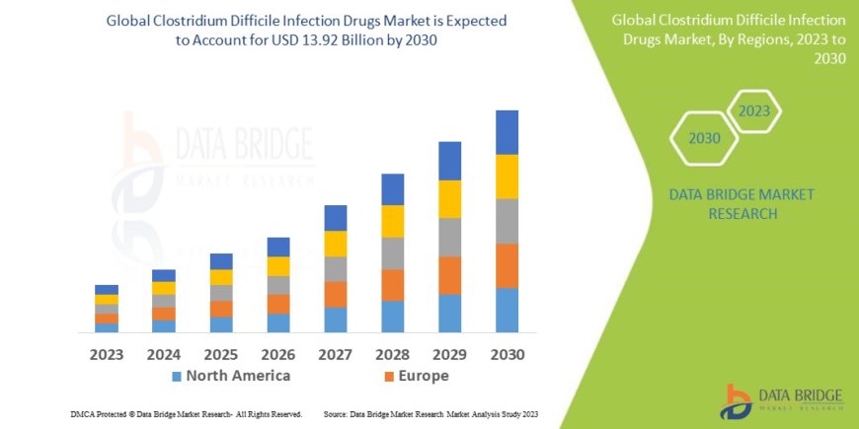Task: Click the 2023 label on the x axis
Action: click(x=107, y=354)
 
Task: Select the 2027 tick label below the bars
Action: click(x=336, y=354)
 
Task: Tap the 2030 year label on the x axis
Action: click(x=507, y=354)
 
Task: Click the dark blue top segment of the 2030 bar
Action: click(x=507, y=132)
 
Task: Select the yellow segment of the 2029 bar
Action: click(x=450, y=199)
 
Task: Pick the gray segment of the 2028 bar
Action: click(x=393, y=253)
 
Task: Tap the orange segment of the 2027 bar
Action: click(x=336, y=294)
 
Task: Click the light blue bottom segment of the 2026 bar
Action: click(x=278, y=322)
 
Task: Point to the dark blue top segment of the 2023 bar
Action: click(x=107, y=289)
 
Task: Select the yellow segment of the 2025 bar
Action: click(x=221, y=277)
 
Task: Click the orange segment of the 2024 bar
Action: click(x=164, y=314)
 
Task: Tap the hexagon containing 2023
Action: click(x=753, y=111)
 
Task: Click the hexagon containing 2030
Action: click(x=704, y=138)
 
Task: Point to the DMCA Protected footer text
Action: click(x=187, y=414)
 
